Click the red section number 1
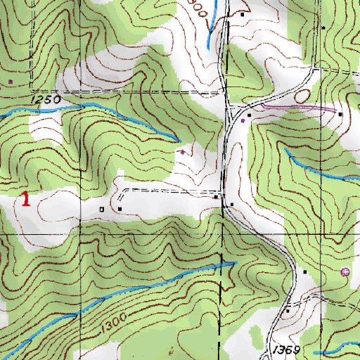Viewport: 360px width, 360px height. pos(25,198)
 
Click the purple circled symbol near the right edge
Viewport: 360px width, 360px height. pos(344,272)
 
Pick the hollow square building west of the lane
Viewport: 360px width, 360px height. pos(103,209)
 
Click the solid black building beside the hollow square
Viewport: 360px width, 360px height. pos(120,208)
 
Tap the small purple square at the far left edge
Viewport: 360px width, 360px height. pos(11,80)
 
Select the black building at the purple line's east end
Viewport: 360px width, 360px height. pos(340,113)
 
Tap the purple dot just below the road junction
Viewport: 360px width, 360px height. pos(243,120)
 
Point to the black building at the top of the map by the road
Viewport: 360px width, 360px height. pos(243,13)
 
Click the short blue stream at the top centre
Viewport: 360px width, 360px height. pos(211,28)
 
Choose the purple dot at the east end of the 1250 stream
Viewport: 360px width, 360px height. pos(182,150)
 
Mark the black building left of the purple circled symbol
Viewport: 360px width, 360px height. pos(305,271)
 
